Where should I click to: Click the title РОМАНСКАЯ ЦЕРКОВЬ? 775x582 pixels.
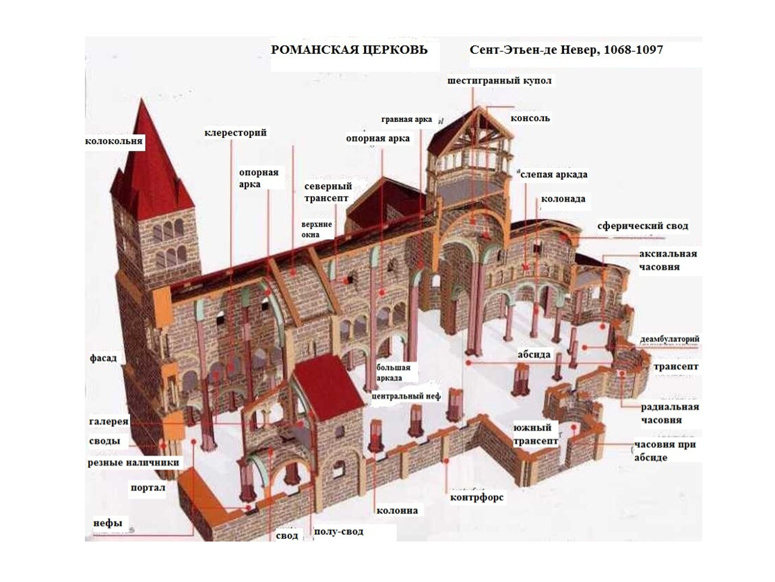[x=349, y=50]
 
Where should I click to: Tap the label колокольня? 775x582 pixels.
[x=114, y=141]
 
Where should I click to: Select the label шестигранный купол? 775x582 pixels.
[x=499, y=81]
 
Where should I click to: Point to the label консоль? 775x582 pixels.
[x=530, y=119]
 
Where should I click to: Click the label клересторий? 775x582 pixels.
[x=235, y=133]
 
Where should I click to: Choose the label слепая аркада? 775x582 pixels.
[x=553, y=175]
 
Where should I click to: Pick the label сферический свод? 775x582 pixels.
[x=642, y=226]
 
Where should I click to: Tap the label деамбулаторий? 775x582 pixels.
[x=670, y=339]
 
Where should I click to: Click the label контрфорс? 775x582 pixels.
[x=476, y=497]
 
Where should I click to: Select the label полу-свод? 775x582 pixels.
[x=338, y=531]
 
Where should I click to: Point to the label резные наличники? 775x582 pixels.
[x=133, y=463]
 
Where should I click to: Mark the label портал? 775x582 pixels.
[x=148, y=488]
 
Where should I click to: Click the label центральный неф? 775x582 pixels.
[x=406, y=396]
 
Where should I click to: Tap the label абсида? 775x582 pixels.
[x=534, y=355]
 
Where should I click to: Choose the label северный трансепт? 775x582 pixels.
[x=328, y=193]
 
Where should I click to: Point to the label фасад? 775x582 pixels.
[x=103, y=358]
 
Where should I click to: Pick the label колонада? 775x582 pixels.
[x=563, y=199]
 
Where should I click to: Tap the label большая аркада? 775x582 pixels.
[x=394, y=373]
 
